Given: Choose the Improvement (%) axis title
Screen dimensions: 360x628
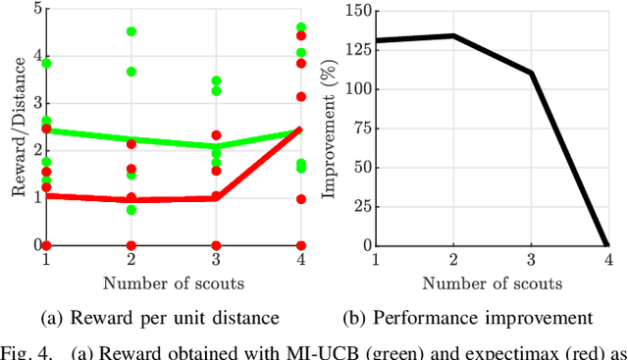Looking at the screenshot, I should (x=332, y=128).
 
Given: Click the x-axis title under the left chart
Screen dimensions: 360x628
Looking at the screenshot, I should (x=173, y=283).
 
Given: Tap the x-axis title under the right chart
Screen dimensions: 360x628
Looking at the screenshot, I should (x=493, y=283).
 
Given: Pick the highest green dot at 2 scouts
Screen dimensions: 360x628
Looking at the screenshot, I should (x=131, y=31).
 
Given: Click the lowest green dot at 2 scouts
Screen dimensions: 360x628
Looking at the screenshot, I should (x=131, y=210).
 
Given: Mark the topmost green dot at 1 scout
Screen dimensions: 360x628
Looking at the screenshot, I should (x=45, y=63).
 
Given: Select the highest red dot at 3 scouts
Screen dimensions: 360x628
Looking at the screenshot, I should (x=216, y=135).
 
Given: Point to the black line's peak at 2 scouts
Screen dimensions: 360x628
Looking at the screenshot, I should (x=452, y=35).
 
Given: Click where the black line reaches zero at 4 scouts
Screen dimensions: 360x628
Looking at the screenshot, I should (x=609, y=245).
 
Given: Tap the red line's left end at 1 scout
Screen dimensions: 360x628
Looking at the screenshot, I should (x=45, y=195).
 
